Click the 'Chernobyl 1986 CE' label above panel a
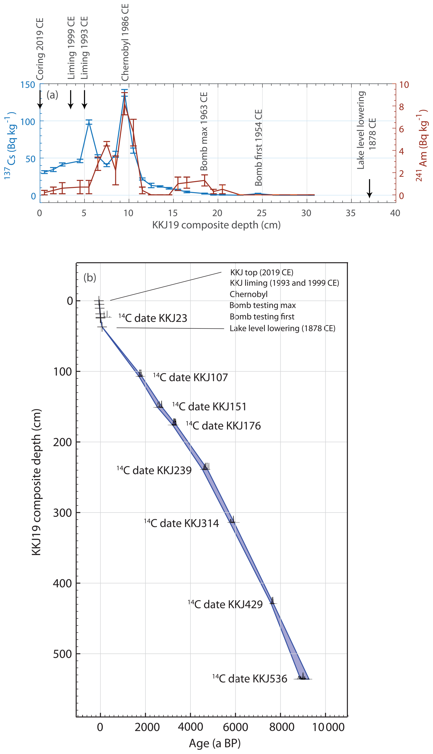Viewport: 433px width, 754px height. point(125,42)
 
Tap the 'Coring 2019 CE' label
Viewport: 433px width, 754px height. point(40,49)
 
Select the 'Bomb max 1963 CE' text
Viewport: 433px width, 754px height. point(204,131)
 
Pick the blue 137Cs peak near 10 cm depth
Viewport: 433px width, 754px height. point(125,90)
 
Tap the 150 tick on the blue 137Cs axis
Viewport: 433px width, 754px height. point(28,85)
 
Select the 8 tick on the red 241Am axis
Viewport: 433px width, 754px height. point(401,107)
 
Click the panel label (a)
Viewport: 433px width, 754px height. point(52,95)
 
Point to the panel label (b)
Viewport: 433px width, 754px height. point(90,277)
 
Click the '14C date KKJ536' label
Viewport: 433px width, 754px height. point(250,679)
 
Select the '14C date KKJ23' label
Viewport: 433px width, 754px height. point(153,318)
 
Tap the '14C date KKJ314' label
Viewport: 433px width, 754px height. point(182,523)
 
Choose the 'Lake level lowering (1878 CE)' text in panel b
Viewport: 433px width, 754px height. point(282,328)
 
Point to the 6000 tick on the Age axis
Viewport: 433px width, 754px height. point(236,727)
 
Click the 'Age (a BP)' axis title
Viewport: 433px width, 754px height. point(215,743)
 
